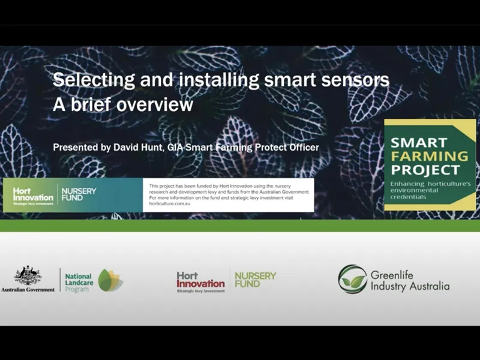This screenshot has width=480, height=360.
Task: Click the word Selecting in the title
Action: pyautogui.click(x=83, y=80)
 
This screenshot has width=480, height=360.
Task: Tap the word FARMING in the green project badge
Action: pyautogui.click(x=429, y=155)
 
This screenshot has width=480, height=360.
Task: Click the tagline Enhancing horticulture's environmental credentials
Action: pyautogui.click(x=428, y=190)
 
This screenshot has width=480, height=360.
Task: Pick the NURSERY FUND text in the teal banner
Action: pyautogui.click(x=79, y=194)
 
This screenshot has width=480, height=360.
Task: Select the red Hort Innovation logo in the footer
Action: pyautogui.click(x=200, y=281)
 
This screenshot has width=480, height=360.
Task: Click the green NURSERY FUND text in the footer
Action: pyautogui.click(x=256, y=279)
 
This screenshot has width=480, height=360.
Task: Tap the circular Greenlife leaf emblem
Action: pyautogui.click(x=352, y=279)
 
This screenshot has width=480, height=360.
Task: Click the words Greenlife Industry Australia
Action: pyautogui.click(x=409, y=280)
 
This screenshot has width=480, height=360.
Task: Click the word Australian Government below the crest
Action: pyautogui.click(x=28, y=289)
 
